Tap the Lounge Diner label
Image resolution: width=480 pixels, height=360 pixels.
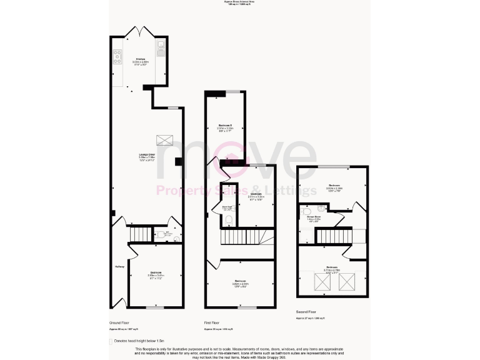[147, 156]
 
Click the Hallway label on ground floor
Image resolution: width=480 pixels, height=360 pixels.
[119, 267]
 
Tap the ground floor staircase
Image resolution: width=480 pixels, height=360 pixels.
[141, 233]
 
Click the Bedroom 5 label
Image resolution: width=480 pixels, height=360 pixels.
[225, 127]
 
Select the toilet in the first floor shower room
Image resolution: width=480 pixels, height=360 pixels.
[229, 219]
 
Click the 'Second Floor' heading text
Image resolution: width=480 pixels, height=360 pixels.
[307, 311]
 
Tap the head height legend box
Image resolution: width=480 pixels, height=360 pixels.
[111, 341]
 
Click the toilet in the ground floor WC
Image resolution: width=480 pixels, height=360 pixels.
[161, 236]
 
